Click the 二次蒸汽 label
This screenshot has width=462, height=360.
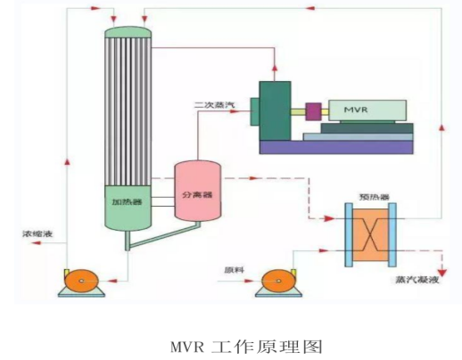point(214,104)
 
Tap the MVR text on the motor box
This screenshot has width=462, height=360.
point(356,110)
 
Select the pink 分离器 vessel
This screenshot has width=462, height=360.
point(197,191)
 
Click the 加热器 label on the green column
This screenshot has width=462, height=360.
point(127,202)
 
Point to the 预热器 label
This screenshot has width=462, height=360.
point(374,197)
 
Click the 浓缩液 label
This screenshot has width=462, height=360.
point(37,233)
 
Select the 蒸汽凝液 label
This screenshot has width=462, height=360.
point(417,280)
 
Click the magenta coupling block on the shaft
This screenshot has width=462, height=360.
point(313,111)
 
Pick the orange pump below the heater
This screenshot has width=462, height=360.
point(81,281)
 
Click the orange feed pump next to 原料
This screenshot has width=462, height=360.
point(278,281)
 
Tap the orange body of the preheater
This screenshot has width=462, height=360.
point(370,235)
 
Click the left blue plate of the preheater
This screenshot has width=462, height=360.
point(349,234)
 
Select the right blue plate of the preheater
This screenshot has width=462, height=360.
point(392,234)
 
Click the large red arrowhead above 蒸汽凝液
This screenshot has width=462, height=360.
point(443,273)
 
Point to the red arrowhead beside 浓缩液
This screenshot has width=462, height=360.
point(37,243)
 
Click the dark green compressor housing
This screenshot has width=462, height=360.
point(275,110)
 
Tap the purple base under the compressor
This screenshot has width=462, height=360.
point(336,147)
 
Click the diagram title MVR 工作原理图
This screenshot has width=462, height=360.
point(246,347)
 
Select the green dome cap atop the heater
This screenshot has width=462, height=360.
point(128,32)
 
